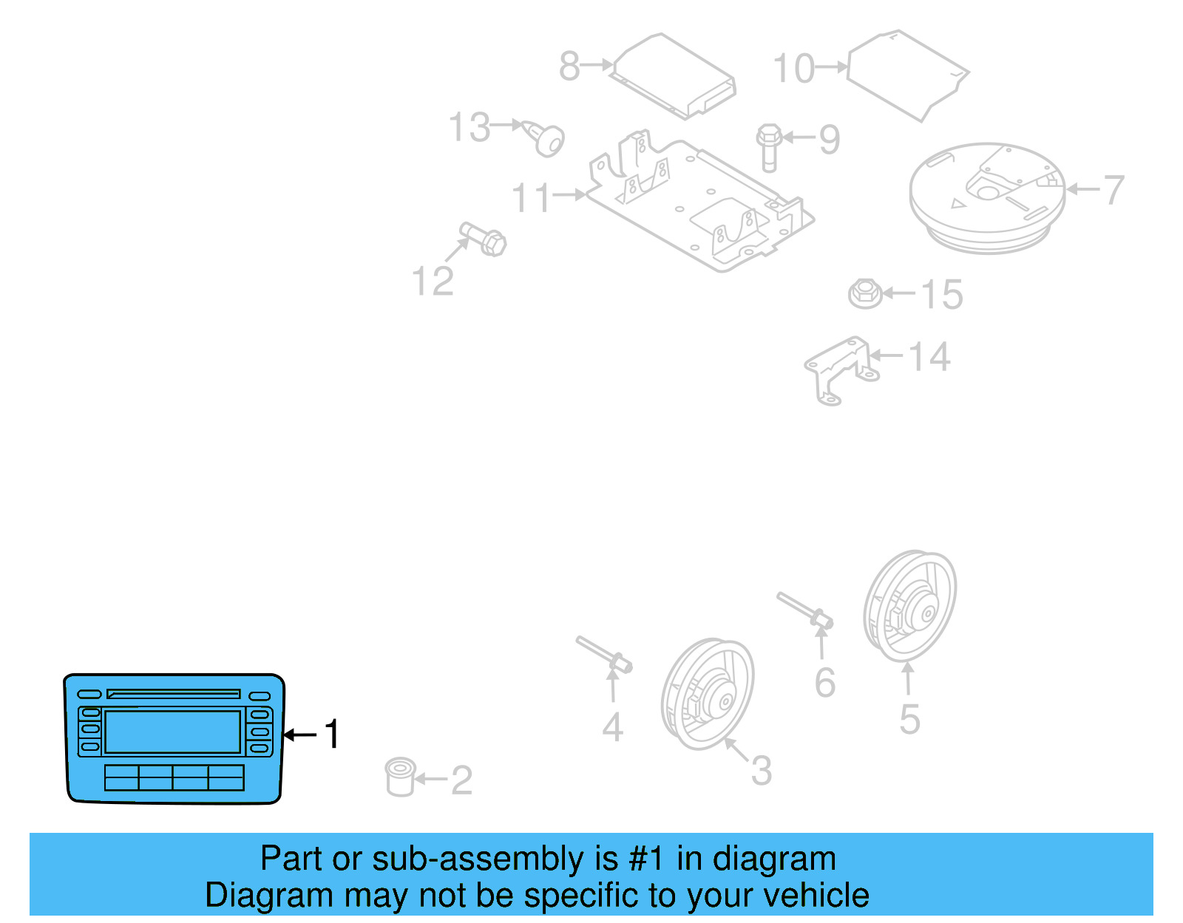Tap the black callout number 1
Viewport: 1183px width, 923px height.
coord(332,735)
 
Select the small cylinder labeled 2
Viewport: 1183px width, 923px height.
coord(400,777)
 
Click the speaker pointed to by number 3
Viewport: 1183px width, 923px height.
coord(708,694)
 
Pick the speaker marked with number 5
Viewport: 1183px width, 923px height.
coord(910,605)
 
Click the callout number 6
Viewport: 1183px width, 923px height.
coord(824,683)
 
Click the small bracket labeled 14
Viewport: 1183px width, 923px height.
coord(839,369)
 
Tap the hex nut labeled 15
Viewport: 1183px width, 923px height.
coord(864,293)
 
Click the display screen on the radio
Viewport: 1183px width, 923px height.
coord(173,732)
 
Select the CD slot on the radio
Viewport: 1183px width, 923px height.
coord(174,694)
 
